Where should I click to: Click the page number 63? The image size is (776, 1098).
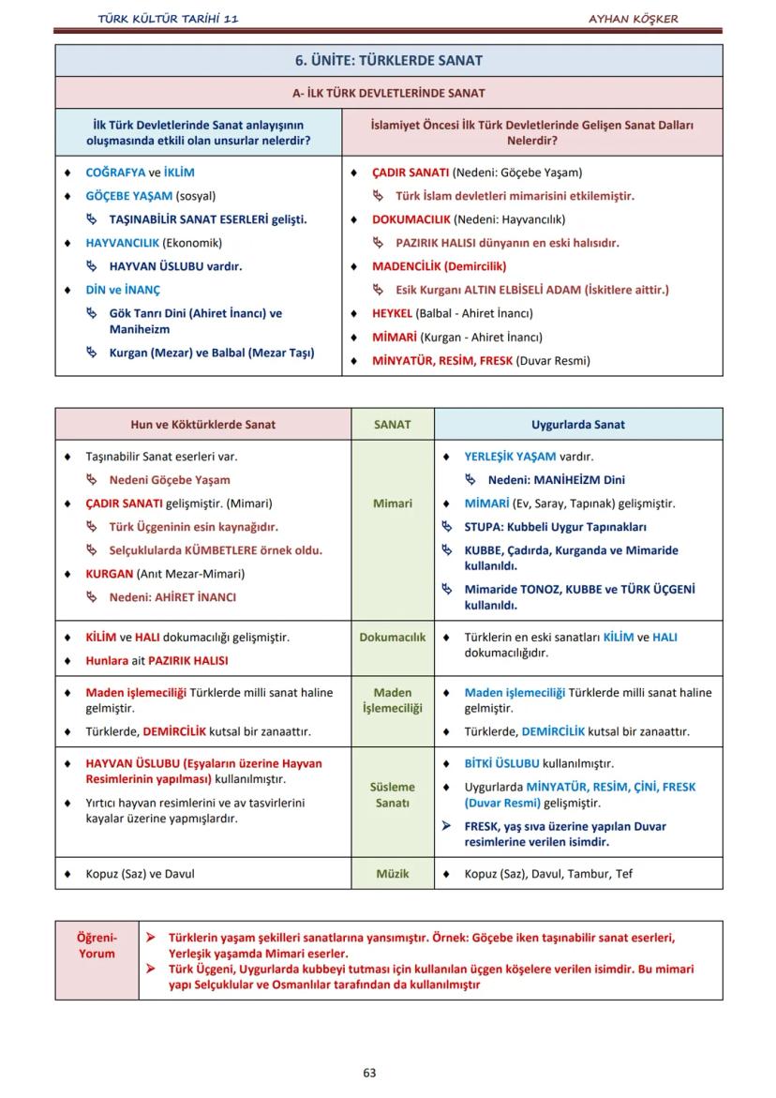coord(369,1073)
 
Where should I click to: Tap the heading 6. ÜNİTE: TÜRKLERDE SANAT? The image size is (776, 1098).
coord(388,61)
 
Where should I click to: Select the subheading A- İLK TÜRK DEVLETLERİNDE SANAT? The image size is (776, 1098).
coord(388,93)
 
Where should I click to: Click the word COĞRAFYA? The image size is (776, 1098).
coord(116,173)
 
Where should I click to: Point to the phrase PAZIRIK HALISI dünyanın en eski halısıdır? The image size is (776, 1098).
coord(507,243)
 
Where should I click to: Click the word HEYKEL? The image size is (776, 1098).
coord(392,313)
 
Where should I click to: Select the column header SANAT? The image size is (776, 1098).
coord(392,424)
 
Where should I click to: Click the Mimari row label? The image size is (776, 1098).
coord(392,504)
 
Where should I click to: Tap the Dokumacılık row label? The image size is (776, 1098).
coord(392,637)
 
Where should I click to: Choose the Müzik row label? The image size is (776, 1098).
coord(392,873)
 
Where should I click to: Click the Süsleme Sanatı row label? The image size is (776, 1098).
coord(392,795)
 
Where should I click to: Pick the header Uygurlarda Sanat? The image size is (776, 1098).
coord(577,424)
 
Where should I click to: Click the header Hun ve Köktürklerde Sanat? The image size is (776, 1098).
coord(202,424)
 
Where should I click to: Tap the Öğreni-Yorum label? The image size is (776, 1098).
coord(97,945)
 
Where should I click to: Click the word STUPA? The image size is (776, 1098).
coord(485,527)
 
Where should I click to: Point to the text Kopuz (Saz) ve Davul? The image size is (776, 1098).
coord(140,873)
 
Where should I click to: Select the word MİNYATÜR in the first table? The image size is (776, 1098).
coord(404,360)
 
